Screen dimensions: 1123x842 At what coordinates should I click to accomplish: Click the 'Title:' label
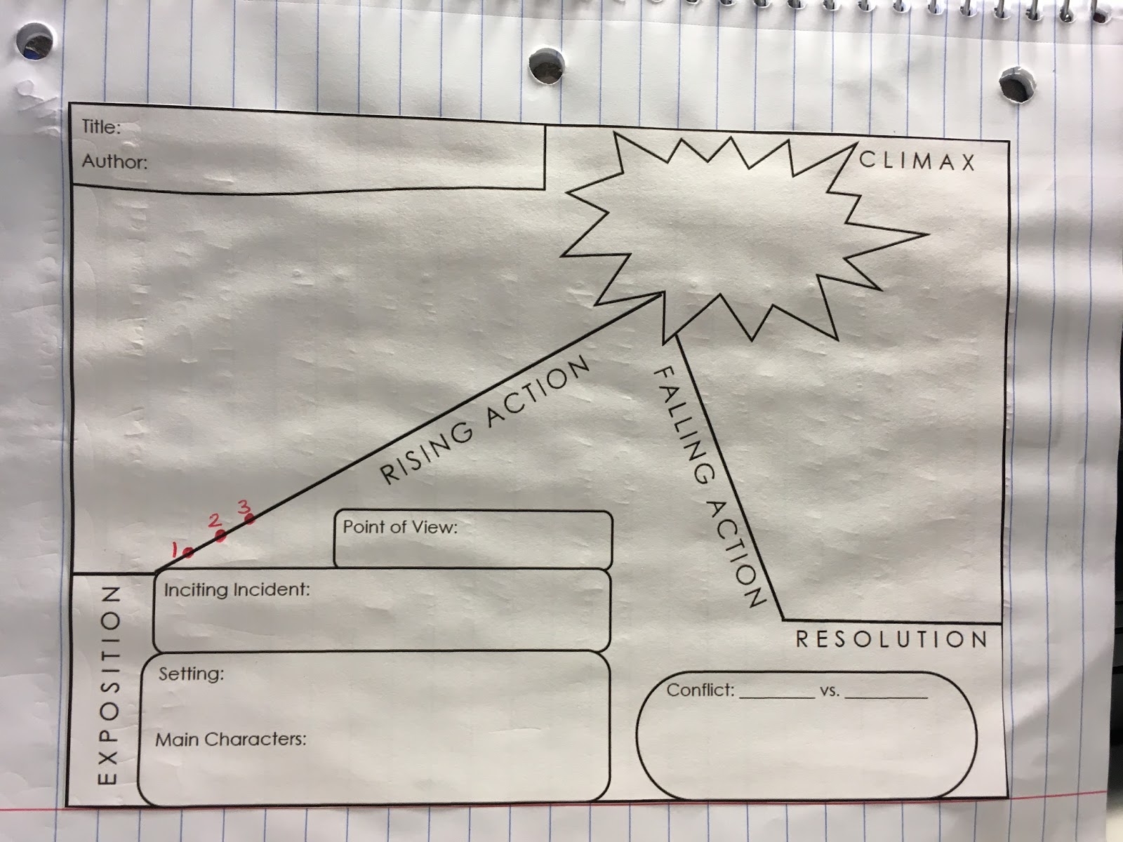pyautogui.click(x=101, y=127)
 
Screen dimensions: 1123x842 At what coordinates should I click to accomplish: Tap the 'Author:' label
pyautogui.click(x=114, y=162)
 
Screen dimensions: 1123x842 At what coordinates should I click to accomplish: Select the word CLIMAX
pyautogui.click(x=917, y=161)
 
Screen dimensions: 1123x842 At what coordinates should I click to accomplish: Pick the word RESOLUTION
pyautogui.click(x=891, y=639)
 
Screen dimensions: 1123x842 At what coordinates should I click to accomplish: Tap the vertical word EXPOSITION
pyautogui.click(x=107, y=686)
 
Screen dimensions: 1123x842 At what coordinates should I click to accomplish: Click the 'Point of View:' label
pyautogui.click(x=399, y=527)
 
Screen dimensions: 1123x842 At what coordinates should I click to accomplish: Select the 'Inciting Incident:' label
pyautogui.click(x=237, y=589)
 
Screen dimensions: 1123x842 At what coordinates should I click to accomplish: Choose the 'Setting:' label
pyautogui.click(x=191, y=674)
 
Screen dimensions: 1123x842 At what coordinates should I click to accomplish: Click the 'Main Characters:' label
pyautogui.click(x=230, y=740)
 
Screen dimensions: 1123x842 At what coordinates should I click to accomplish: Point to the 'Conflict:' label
pyautogui.click(x=700, y=690)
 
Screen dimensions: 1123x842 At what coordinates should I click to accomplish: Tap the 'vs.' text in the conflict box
pyautogui.click(x=829, y=691)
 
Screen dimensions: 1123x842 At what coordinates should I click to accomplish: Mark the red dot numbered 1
pyautogui.click(x=187, y=553)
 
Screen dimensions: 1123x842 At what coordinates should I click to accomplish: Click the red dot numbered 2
pyautogui.click(x=220, y=537)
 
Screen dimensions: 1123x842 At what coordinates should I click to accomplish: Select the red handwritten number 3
pyautogui.click(x=244, y=505)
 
